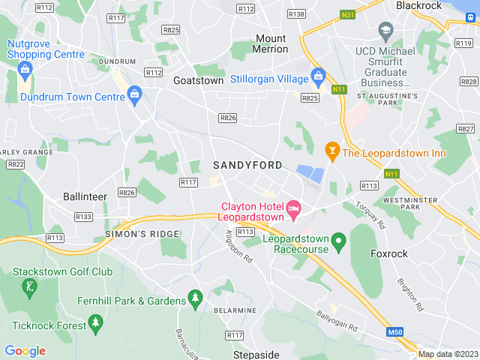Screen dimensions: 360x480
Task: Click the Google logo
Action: [25, 351]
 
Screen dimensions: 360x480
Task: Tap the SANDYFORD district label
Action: [247, 165]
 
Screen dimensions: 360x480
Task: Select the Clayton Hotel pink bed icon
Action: [294, 205]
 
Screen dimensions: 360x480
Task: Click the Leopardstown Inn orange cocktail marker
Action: [331, 151]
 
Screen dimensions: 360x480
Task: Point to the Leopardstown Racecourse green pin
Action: [339, 241]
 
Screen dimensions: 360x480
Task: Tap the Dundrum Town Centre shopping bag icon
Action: [135, 94]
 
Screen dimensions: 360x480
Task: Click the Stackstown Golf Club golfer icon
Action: [29, 286]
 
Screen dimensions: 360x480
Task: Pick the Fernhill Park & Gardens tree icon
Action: [195, 298]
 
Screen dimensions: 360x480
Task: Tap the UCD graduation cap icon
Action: [386, 32]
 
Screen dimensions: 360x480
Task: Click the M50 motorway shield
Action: [396, 331]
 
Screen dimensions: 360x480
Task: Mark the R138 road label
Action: [296, 14]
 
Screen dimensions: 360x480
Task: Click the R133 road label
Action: [83, 217]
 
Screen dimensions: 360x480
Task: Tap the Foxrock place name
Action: [389, 254]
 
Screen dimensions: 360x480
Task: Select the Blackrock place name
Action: [418, 5]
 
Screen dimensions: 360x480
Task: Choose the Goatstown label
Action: [198, 79]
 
